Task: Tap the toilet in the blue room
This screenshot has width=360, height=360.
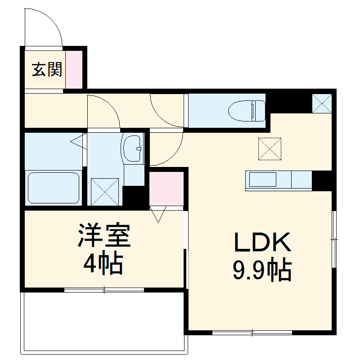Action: click(247, 111)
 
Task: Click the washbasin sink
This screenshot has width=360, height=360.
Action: click(132, 148)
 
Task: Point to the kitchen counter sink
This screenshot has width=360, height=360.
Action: click(262, 180)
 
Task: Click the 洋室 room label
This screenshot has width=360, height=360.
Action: click(104, 235)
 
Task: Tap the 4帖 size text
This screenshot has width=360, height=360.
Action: click(103, 264)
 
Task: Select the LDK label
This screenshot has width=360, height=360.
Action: click(262, 243)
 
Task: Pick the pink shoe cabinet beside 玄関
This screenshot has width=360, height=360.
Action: click(75, 69)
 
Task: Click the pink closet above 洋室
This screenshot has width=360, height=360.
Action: click(166, 188)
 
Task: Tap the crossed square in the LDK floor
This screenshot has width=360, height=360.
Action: click(270, 148)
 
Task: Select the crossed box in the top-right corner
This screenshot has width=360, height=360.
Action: click(322, 103)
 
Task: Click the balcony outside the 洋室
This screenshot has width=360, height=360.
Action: click(103, 322)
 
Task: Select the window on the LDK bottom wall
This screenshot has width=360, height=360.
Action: click(252, 333)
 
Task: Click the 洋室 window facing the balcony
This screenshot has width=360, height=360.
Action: click(104, 290)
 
